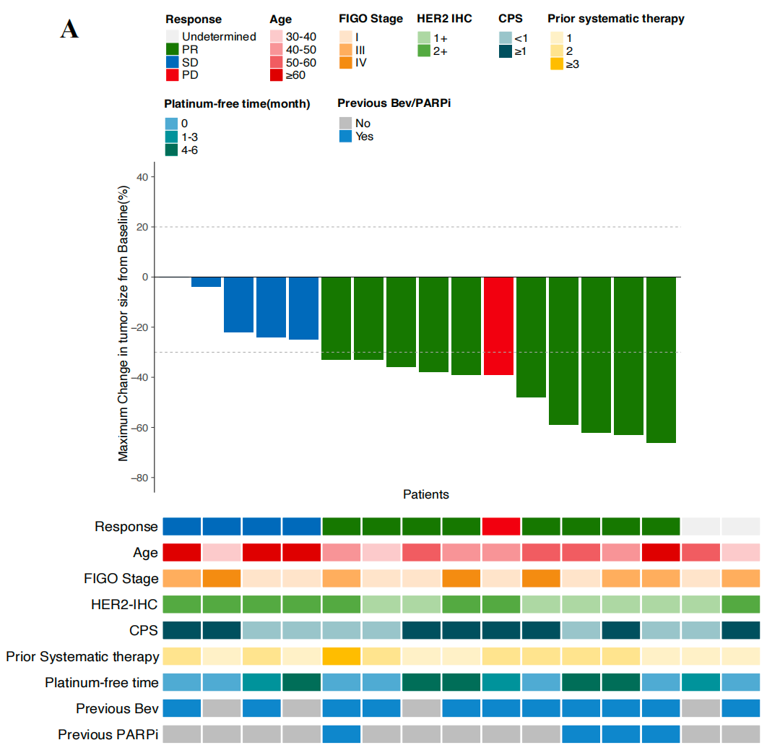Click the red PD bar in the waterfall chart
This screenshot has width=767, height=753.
point(498,325)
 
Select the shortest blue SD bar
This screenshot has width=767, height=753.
point(206,282)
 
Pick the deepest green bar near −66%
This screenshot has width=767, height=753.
point(661,359)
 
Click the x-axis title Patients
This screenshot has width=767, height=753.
point(425,495)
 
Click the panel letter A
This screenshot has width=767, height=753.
point(69,30)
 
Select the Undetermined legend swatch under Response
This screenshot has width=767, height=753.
point(172,37)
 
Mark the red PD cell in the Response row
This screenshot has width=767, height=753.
point(500,527)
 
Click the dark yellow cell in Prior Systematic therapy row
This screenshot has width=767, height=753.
point(341,656)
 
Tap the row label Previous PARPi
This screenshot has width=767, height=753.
point(108,734)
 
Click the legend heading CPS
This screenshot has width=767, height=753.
point(510,19)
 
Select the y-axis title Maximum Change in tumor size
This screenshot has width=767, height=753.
point(123,323)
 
